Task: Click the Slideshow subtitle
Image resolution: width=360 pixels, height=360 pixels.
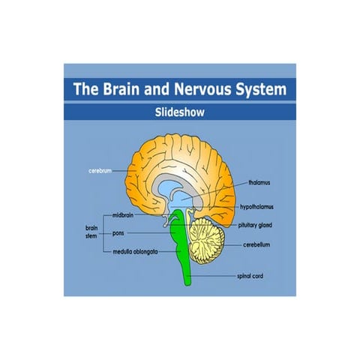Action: click(x=179, y=112)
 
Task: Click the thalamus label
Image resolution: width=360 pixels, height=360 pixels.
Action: click(x=259, y=182)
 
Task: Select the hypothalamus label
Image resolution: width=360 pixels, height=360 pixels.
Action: click(x=265, y=205)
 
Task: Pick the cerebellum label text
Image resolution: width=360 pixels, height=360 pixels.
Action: click(x=262, y=244)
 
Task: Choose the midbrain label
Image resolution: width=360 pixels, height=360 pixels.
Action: click(x=124, y=214)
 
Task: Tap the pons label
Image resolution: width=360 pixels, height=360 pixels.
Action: click(x=119, y=233)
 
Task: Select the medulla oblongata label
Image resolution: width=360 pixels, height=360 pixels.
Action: click(x=135, y=252)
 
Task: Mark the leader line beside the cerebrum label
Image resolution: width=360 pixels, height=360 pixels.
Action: click(x=122, y=171)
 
